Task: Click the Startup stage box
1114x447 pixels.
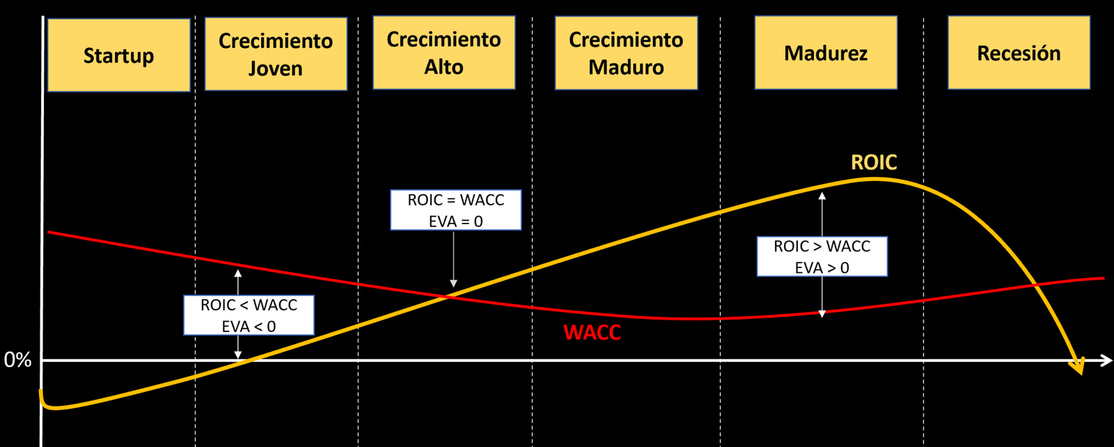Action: [x=118, y=55]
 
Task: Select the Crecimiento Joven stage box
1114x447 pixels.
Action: [x=276, y=54]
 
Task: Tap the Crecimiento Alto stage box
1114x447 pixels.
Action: [x=444, y=53]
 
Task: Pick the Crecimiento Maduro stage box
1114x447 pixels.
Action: [x=626, y=53]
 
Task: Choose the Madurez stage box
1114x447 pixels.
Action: [x=826, y=53]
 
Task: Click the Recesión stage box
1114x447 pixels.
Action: [x=1019, y=53]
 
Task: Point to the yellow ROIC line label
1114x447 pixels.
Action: [x=874, y=162]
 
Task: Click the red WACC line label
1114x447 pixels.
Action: [x=592, y=332]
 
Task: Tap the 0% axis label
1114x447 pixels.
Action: [x=18, y=360]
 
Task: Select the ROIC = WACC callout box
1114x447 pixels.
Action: [x=455, y=210]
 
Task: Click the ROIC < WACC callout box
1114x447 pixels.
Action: [x=249, y=315]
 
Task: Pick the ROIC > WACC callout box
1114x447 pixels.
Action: [x=822, y=256]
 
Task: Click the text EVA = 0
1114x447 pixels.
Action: [x=455, y=221]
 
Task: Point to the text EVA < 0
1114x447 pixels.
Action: [x=249, y=326]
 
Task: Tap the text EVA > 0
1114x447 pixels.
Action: [x=822, y=267]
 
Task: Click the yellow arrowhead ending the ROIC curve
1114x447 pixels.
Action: [x=1078, y=367]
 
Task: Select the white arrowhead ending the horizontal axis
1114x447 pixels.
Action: [x=1106, y=360]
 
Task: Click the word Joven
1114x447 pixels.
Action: [x=276, y=68]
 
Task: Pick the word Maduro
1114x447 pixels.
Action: [x=626, y=67]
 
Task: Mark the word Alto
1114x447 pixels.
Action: [x=444, y=67]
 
